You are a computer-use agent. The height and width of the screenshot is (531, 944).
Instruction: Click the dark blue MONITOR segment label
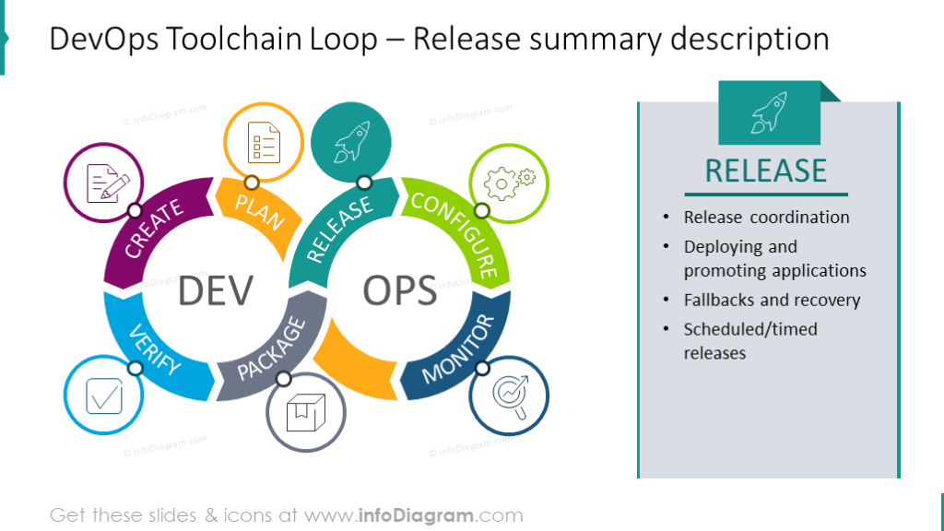(458, 348)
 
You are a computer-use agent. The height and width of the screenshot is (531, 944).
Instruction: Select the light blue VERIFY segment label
(154, 349)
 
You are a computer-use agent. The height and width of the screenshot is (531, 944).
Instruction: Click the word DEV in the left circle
(215, 290)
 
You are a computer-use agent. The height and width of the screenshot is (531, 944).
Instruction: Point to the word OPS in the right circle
(399, 290)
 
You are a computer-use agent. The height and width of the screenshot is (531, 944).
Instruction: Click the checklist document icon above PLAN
(265, 143)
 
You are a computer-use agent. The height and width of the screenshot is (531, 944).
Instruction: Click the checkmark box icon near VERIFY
(104, 396)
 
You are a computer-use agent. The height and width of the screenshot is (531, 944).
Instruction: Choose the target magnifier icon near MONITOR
(509, 396)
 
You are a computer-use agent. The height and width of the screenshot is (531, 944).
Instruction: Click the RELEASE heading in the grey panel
(766, 171)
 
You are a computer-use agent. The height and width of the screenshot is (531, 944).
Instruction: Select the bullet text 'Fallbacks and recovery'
(772, 300)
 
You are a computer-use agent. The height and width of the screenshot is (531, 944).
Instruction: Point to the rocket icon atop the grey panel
(768, 112)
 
